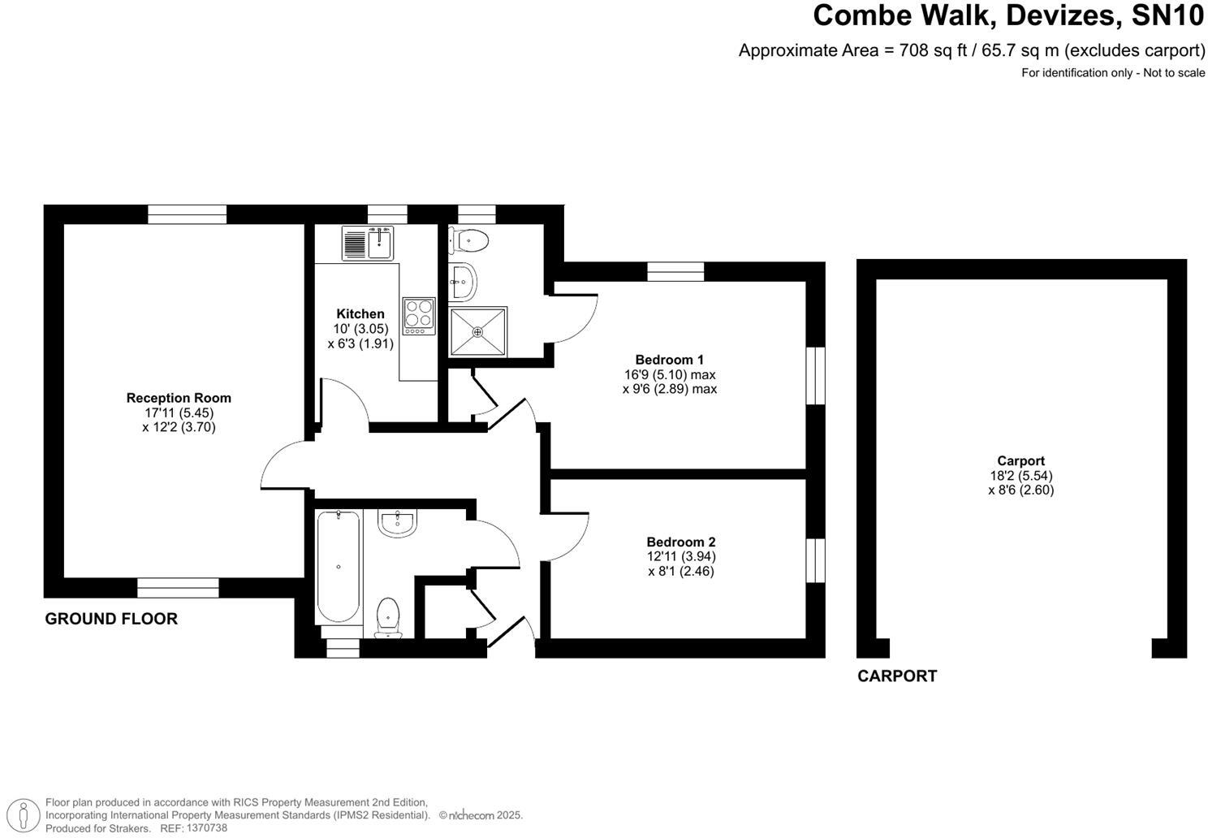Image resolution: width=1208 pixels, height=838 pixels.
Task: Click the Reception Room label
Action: [x=179, y=398]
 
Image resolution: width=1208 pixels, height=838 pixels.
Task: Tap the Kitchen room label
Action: [x=360, y=313]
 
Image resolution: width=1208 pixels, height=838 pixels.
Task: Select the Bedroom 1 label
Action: [x=669, y=360]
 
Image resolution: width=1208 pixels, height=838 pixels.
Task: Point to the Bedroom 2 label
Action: [x=680, y=542]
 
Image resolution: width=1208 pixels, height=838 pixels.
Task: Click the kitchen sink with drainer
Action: [x=368, y=243]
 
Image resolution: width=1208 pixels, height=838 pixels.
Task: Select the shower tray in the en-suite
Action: [x=478, y=331]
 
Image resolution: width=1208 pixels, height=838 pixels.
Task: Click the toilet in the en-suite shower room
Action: [x=470, y=240]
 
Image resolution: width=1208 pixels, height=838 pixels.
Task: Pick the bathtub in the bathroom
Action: [x=338, y=566]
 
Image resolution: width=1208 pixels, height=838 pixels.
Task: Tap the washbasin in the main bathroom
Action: [x=397, y=523]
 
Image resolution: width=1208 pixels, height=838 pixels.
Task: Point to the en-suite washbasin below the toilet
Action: [x=463, y=281]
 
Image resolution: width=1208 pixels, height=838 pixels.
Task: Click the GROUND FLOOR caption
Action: [x=111, y=619]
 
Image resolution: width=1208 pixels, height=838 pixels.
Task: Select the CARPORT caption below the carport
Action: [x=897, y=676]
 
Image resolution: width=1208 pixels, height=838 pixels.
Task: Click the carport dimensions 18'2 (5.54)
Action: [x=1020, y=476]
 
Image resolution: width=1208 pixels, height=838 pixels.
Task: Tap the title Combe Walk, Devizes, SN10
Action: [x=1009, y=15]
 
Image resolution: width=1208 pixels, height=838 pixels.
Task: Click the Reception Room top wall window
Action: [x=187, y=214]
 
